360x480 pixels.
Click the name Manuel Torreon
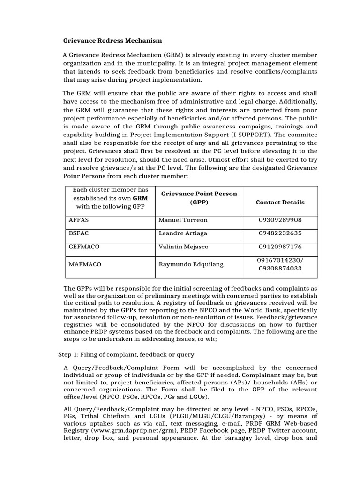[183, 220]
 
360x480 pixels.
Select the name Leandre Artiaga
[183, 233]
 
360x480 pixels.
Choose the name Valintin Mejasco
[184, 246]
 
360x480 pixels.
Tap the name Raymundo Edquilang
[191, 264]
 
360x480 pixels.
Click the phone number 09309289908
[280, 220]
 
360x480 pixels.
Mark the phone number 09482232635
[280, 233]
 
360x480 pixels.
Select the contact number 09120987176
[280, 246]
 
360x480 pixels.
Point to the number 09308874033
[280, 269]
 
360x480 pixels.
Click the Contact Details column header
[280, 202]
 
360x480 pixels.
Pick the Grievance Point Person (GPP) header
[199, 198]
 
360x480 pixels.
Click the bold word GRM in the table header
[141, 198]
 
